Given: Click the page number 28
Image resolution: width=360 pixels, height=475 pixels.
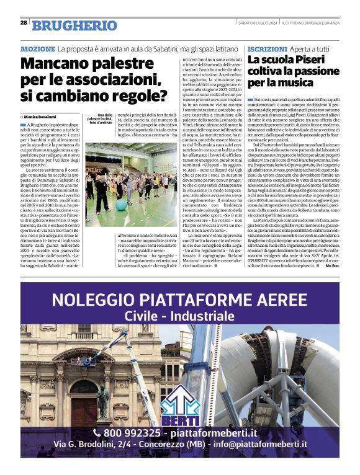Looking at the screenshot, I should click(x=24, y=23).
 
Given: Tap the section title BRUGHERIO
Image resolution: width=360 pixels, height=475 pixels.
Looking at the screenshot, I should click(x=74, y=25).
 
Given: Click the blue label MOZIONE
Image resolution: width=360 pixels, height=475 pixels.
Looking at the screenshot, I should click(x=38, y=48).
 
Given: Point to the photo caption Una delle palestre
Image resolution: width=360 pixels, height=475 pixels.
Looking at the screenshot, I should click(x=100, y=118).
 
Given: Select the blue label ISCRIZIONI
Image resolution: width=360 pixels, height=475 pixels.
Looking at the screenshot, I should click(x=266, y=48).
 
